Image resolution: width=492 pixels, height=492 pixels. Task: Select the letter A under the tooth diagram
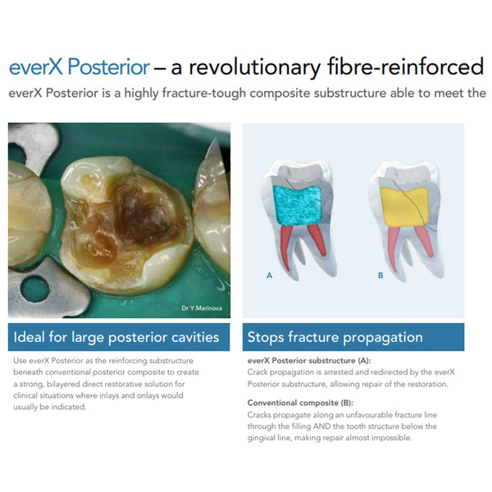pyautogui.click(x=269, y=276)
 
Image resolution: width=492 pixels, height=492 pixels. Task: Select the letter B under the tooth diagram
pyautogui.click(x=380, y=276)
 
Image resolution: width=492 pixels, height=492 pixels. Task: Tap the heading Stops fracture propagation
pyautogui.click(x=335, y=337)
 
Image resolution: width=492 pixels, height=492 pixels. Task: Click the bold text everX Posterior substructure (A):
pyautogui.click(x=309, y=361)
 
